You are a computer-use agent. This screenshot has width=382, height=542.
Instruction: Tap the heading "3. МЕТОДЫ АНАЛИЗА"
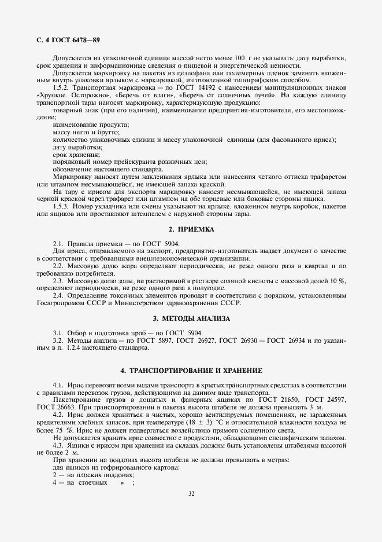click(191, 318)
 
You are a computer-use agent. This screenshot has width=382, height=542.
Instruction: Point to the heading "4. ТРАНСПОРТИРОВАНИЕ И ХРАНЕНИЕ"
click(191, 370)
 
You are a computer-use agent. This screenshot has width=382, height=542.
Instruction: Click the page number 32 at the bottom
click(191, 493)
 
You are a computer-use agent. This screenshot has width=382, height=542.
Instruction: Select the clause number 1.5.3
click(61, 207)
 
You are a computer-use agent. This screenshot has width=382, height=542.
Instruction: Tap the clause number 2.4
click(57, 295)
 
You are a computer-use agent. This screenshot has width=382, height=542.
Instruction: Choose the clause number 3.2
click(57, 341)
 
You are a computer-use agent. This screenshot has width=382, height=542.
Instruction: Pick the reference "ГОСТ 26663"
click(55, 408)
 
